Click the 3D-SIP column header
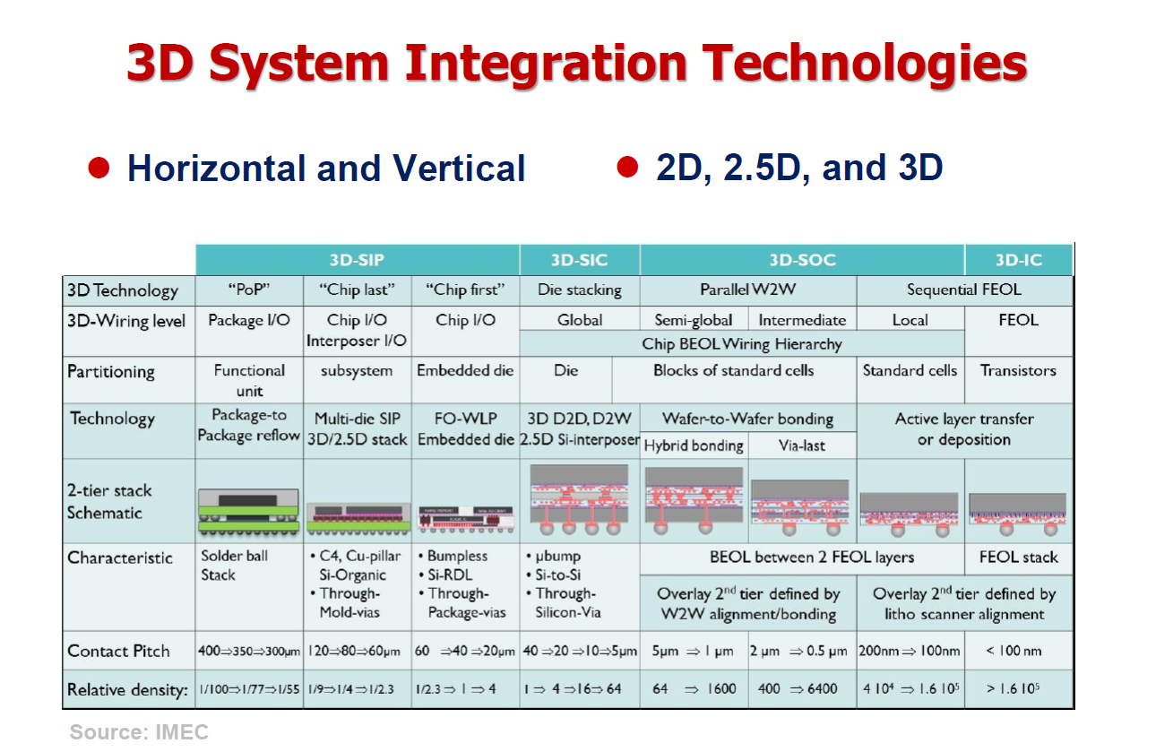[357, 260]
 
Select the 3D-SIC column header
[579, 260]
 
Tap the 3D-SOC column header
[802, 260]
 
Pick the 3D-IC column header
[1018, 260]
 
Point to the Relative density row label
[127, 690]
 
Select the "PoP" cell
[249, 290]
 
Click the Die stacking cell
[579, 290]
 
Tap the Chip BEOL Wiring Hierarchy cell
[742, 344]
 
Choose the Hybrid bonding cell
[694, 445]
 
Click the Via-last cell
[802, 445]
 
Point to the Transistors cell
[1018, 370]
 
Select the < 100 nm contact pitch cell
[1018, 651]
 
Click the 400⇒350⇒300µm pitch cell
[249, 652]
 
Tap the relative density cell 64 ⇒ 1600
[694, 689]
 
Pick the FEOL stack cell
[1018, 558]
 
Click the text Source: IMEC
[139, 732]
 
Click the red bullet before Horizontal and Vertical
[99, 168]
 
